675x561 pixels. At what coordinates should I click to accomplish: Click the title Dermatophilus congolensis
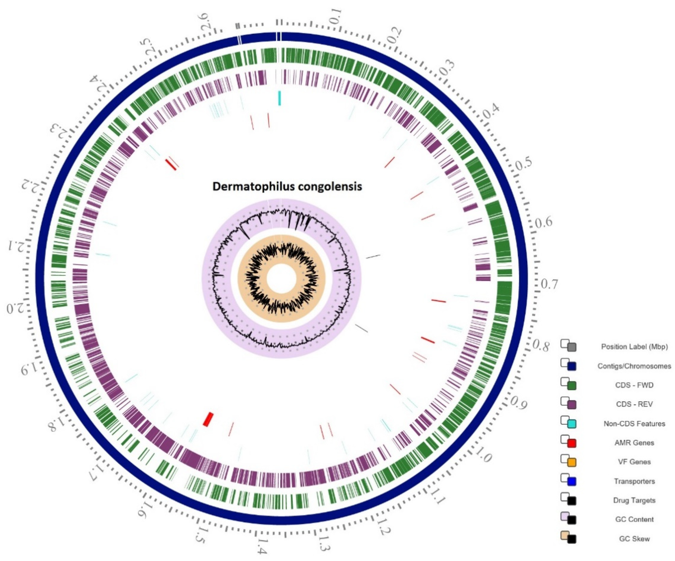tap(287, 187)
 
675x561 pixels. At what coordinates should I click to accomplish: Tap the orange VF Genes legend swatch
tap(571, 463)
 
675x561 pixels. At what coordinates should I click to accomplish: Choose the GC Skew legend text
tap(634, 539)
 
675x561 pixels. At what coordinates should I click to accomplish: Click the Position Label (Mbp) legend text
tap(634, 347)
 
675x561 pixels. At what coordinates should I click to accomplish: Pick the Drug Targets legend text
tap(634, 500)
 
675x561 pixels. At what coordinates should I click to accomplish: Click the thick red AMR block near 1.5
tap(208, 419)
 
